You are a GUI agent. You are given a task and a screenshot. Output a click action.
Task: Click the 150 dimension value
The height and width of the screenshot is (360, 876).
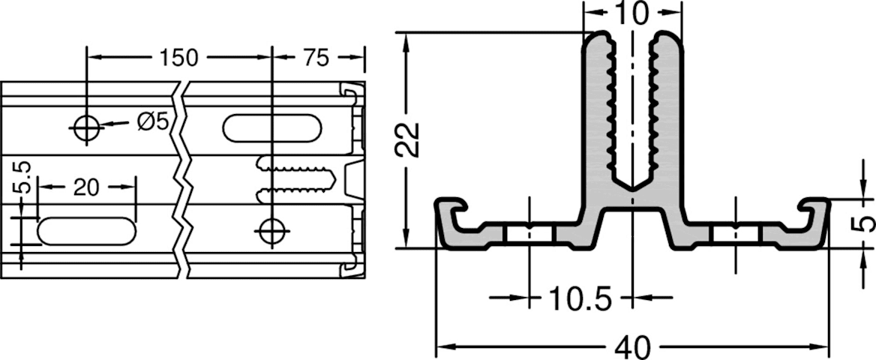[178, 58]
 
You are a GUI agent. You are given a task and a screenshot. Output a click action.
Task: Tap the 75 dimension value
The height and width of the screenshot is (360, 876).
[316, 58]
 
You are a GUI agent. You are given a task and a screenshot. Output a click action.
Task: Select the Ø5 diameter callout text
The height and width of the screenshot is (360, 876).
[152, 121]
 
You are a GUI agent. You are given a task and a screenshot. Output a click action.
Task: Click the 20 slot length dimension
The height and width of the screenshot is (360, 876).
[86, 187]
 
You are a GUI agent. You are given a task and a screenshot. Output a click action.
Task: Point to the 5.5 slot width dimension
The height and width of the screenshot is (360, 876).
[25, 178]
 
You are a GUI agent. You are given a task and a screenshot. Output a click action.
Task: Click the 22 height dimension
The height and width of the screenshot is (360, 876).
[408, 139]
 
